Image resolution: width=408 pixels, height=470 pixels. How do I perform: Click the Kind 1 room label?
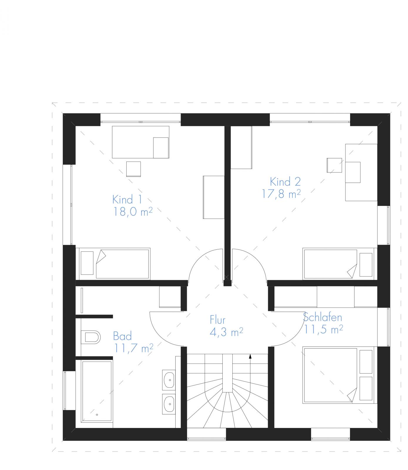[127, 199]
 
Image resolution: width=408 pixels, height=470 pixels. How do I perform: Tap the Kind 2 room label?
[285, 182]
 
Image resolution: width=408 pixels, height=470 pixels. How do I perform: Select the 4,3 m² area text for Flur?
[226, 332]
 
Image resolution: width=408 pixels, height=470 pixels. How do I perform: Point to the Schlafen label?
[323, 317]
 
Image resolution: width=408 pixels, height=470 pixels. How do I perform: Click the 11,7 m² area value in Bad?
[134, 348]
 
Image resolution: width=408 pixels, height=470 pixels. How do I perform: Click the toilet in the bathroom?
[90, 337]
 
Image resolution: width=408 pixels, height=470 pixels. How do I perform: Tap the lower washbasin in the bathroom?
[169, 404]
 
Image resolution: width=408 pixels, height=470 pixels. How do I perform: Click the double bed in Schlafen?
[338, 375]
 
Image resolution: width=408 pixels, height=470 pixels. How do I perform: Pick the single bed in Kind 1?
[114, 263]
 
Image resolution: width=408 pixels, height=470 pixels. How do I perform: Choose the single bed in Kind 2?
[339, 263]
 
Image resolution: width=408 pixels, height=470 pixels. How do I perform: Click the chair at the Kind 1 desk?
[134, 169]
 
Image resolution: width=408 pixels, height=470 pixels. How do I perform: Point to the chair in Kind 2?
[335, 165]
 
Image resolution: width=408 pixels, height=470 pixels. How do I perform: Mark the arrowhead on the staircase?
[250, 357]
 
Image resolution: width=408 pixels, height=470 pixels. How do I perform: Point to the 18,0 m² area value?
[133, 212]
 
